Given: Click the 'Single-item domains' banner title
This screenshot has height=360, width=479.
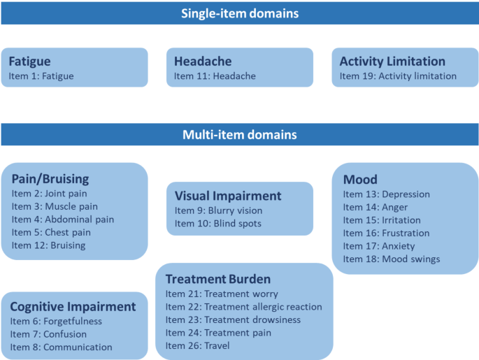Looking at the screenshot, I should point(240,13).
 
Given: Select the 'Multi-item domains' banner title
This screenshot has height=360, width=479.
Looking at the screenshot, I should point(240,134).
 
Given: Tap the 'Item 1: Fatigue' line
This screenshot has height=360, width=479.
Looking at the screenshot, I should point(41,76).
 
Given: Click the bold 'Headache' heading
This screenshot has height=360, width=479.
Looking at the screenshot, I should point(203,62).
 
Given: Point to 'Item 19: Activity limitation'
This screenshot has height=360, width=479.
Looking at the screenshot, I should point(398,76).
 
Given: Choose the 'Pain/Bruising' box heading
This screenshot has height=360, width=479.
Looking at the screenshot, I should point(50,179).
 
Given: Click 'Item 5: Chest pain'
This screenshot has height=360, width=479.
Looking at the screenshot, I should point(51,232).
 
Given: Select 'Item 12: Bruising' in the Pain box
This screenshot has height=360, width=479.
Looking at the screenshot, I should point(48,245).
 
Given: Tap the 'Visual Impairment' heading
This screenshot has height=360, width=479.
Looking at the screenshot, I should point(228,196).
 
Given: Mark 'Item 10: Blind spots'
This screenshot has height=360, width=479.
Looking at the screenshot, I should point(217,224).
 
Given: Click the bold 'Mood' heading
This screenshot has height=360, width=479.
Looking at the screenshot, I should point(360,180).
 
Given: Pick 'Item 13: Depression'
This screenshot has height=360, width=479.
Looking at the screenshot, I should point(386,194).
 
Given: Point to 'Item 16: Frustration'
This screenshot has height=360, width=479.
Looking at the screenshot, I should point(386,233).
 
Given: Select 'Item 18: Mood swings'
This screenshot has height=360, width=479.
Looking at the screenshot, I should point(392,259).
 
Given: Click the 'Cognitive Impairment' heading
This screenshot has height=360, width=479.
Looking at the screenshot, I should point(73,307).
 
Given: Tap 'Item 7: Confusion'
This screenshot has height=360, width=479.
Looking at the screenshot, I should point(48,334).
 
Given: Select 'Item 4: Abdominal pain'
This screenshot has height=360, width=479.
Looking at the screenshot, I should point(62,219).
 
